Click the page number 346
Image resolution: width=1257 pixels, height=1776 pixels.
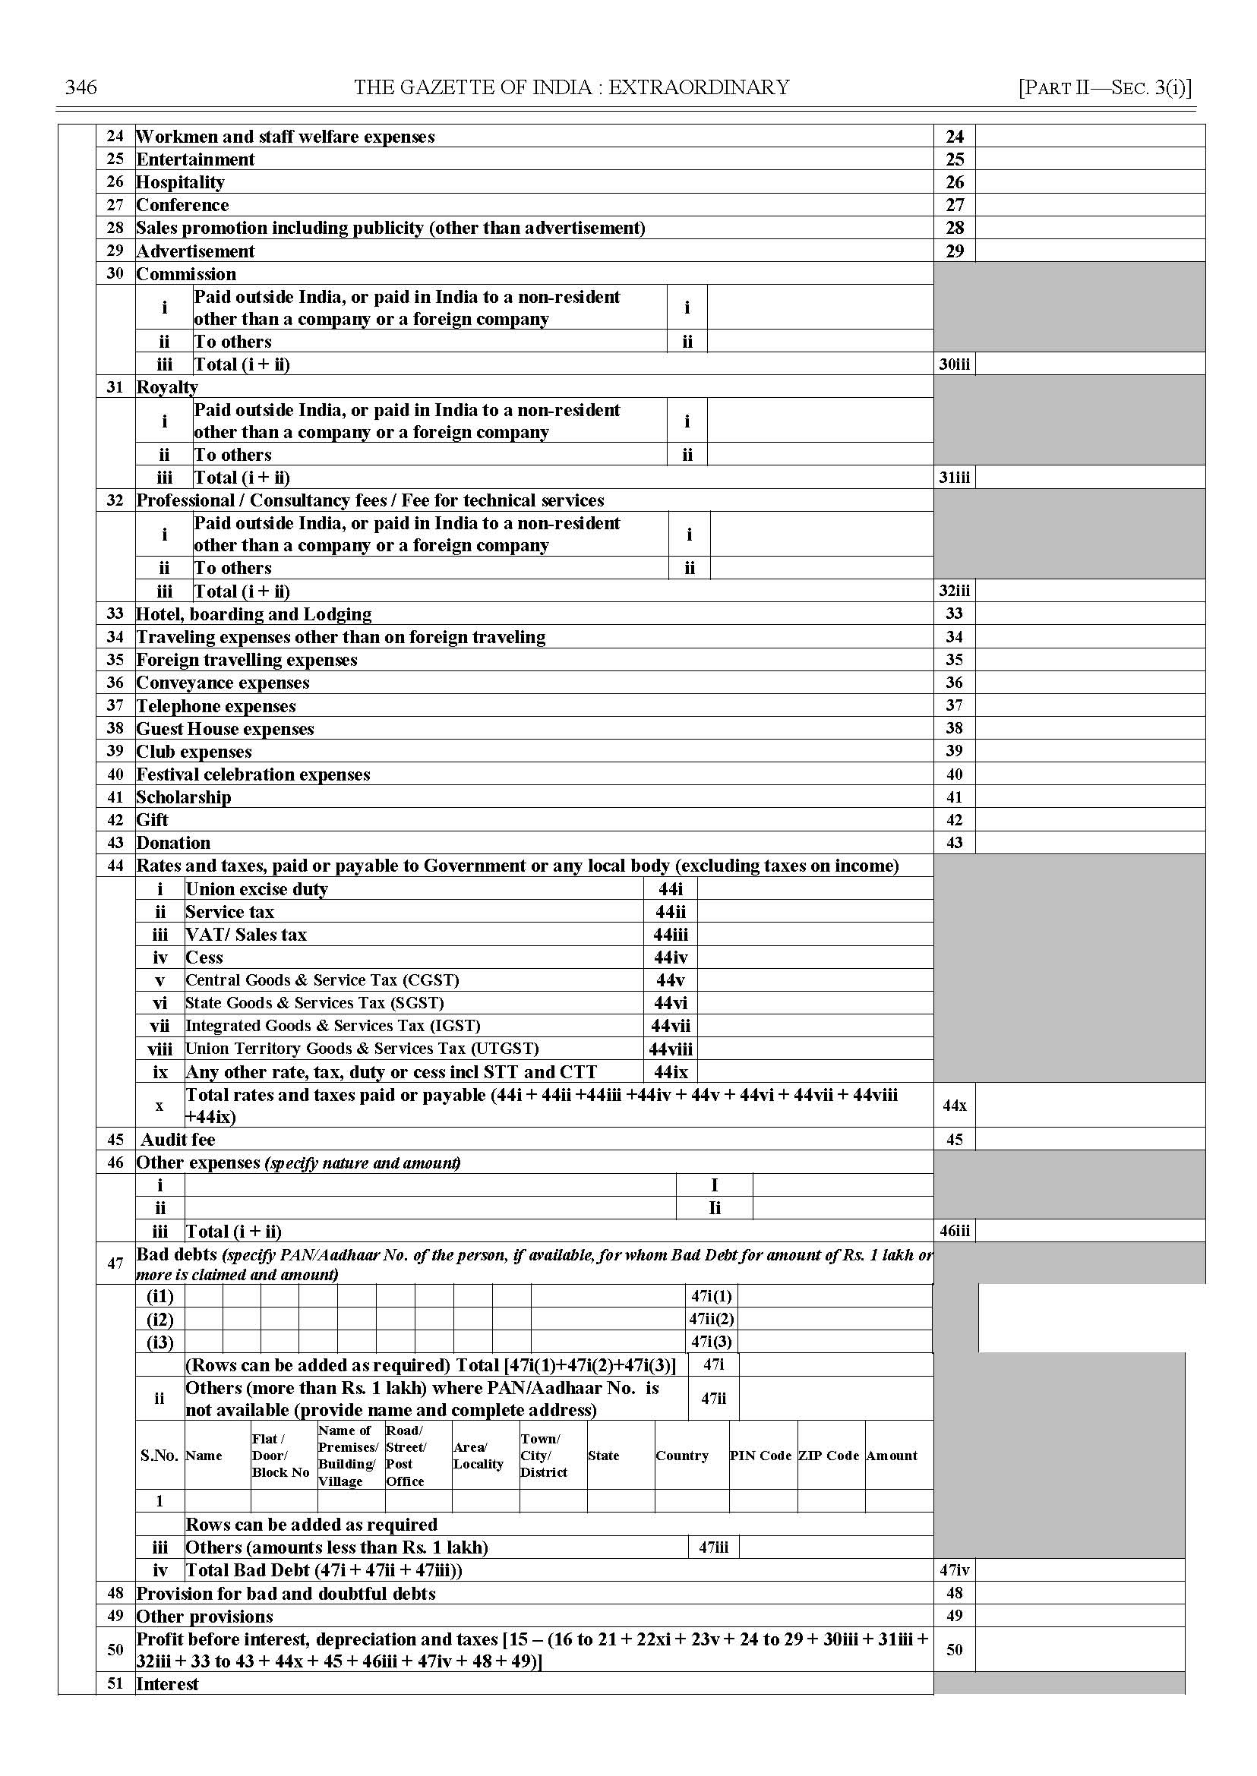pos(81,87)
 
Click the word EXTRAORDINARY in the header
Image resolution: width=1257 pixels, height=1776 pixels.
pos(699,87)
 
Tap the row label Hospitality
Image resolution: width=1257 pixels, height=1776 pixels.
pos(180,183)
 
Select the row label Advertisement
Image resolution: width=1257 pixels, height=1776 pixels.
pos(195,251)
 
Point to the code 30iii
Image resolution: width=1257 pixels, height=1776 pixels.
pos(954,364)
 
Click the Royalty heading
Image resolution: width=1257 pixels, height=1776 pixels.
pos(166,387)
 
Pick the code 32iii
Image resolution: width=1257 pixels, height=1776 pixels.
pos(954,591)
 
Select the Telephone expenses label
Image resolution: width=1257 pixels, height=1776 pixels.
pos(216,705)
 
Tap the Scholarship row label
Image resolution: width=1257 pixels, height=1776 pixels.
pos(184,797)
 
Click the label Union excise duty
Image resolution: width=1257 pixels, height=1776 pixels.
pos(256,889)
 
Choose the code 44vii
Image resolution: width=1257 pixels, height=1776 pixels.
pos(671,1026)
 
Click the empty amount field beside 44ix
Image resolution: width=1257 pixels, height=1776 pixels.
pos(814,1072)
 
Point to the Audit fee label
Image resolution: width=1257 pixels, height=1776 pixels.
pos(177,1140)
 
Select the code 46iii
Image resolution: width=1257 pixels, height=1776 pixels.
pos(954,1232)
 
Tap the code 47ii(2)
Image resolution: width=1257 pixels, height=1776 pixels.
pos(712,1320)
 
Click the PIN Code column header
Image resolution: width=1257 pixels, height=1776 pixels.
pos(760,1456)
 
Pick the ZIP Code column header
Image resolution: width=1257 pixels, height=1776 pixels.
pos(828,1456)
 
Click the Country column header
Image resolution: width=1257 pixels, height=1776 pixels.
pos(682,1456)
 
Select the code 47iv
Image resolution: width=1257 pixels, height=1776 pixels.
pos(954,1570)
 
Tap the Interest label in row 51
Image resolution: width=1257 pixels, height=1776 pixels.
pos(167,1684)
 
